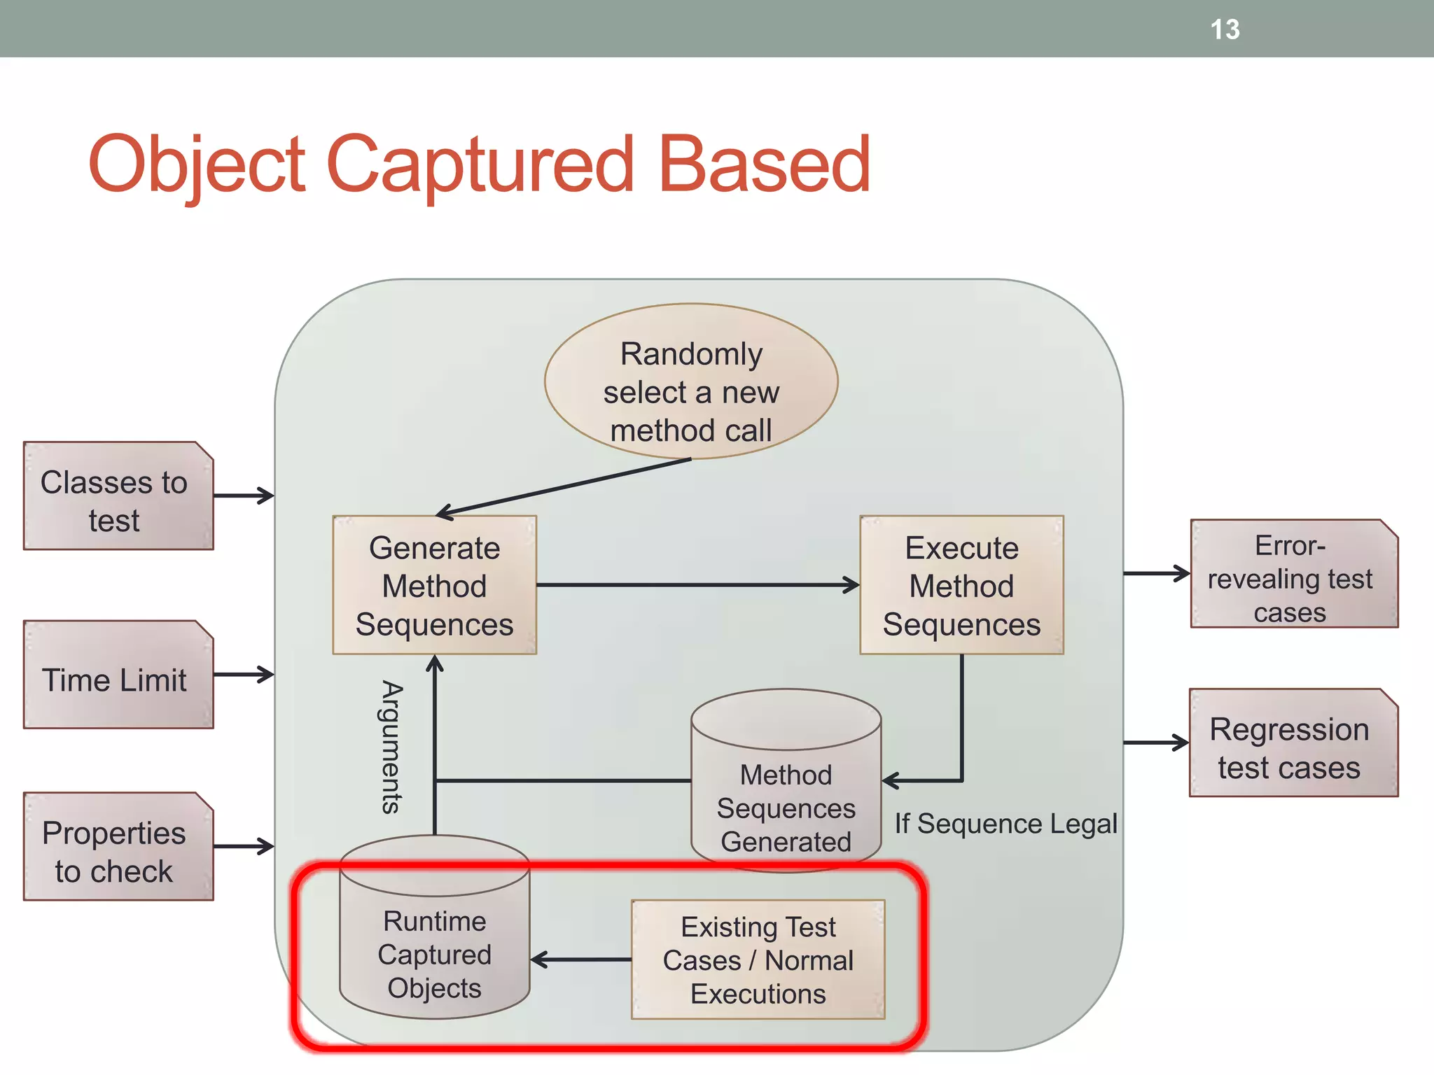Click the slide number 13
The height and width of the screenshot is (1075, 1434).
1225,29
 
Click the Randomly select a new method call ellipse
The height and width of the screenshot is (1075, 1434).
691,382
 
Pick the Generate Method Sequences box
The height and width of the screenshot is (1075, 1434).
434,585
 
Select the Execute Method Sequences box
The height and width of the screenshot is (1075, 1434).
961,585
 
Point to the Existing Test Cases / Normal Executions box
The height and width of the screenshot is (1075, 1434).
758,960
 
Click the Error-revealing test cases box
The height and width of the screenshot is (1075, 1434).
1293,574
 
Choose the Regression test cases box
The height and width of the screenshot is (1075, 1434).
1293,743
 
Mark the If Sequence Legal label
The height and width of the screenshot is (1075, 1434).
1005,824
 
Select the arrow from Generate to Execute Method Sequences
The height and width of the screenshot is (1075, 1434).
697,584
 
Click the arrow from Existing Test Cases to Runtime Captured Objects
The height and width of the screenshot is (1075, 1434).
581,960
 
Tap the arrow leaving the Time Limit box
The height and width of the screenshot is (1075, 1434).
243,675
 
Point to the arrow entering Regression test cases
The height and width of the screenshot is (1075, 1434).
1155,743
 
